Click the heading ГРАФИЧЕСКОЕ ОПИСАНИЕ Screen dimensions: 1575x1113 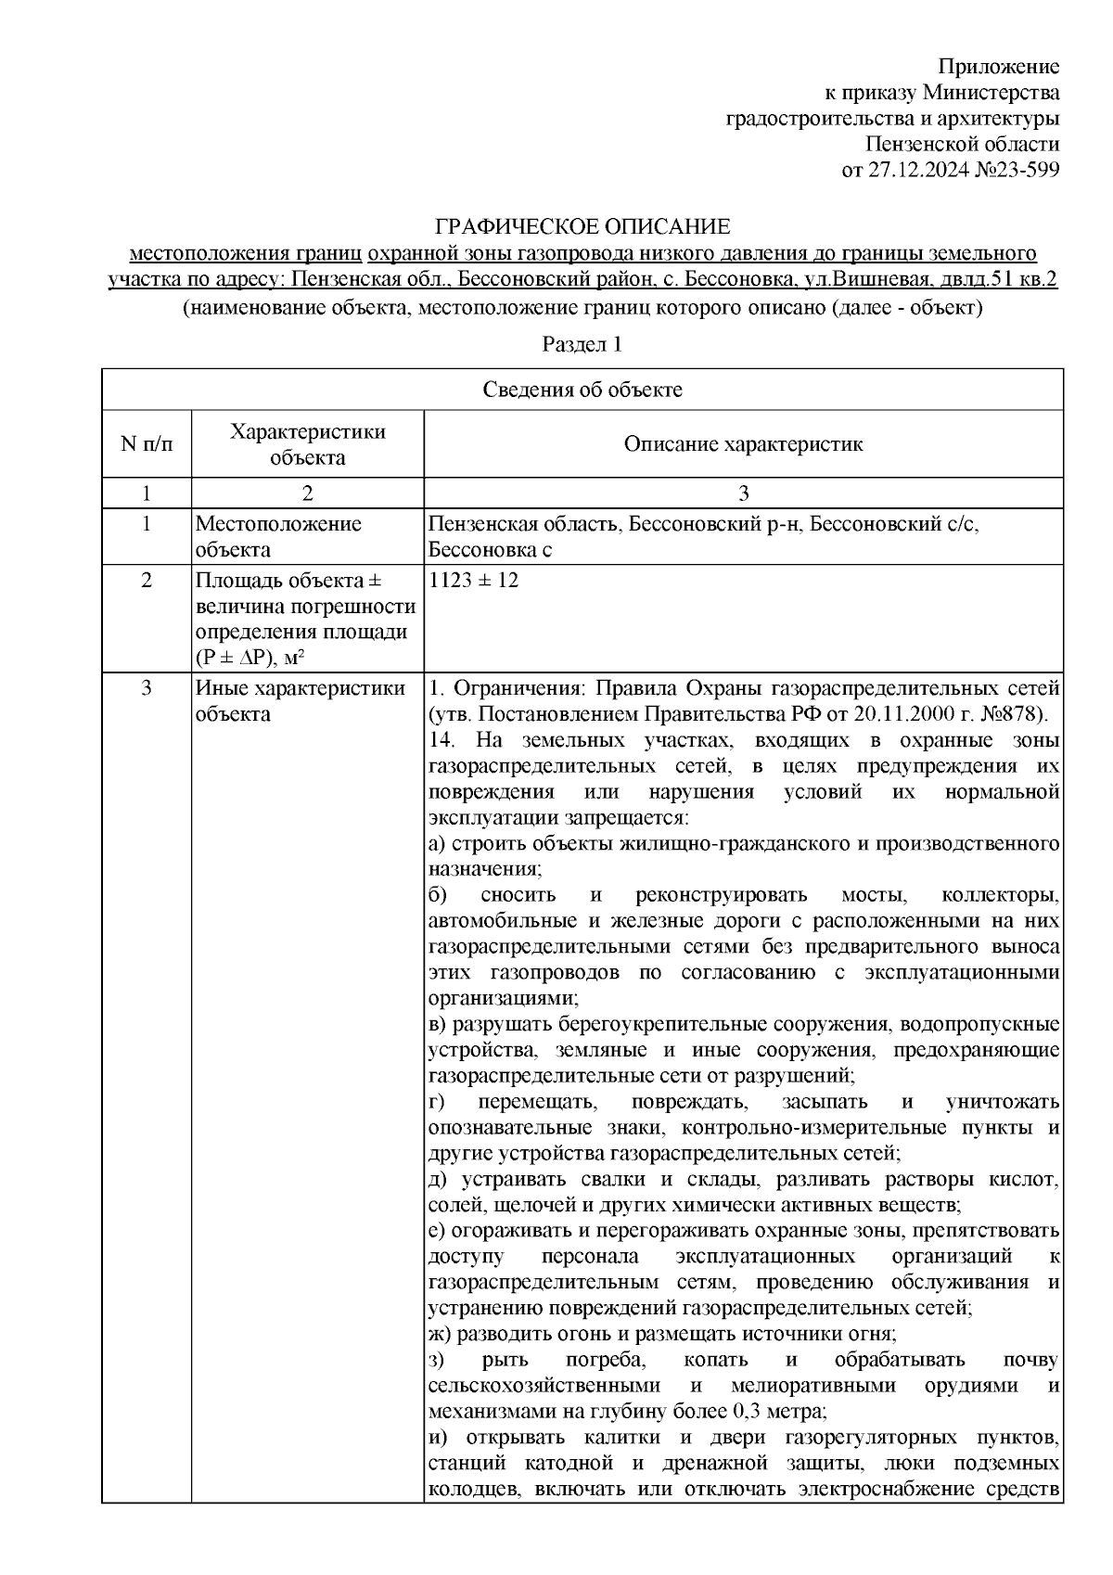[583, 226]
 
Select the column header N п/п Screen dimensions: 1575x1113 [147, 444]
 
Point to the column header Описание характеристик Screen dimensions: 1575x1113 [743, 444]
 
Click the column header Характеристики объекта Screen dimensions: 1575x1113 [308, 444]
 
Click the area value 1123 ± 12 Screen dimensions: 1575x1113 [474, 581]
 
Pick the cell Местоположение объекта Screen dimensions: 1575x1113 [278, 536]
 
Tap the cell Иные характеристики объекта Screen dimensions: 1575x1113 [300, 701]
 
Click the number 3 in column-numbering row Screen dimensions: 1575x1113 [743, 493]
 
